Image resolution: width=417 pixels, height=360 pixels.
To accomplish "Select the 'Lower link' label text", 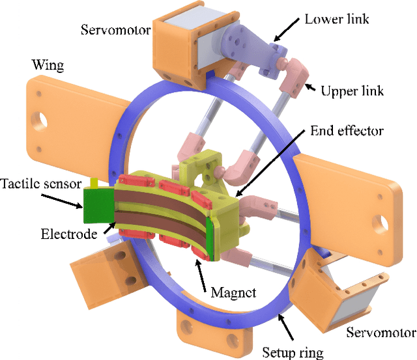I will coord(337,19).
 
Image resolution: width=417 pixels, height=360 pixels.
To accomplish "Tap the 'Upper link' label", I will coord(352,90).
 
